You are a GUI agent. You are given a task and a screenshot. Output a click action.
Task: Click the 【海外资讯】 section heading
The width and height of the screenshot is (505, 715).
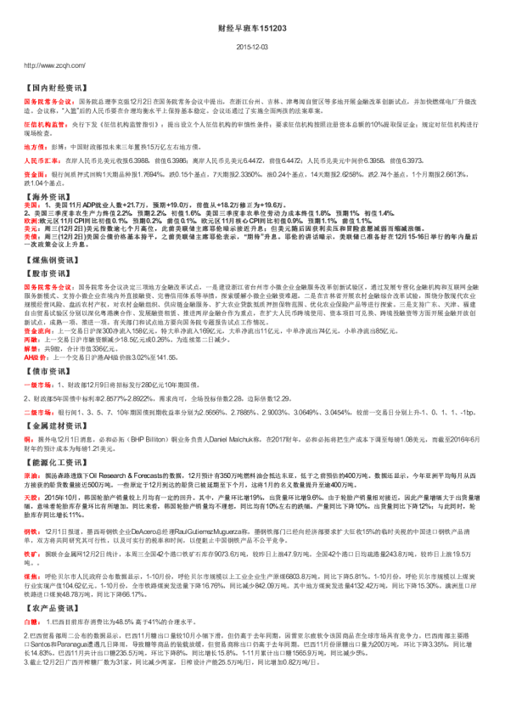(48, 219)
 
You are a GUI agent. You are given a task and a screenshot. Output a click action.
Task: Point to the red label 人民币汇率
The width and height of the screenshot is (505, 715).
(40, 160)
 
